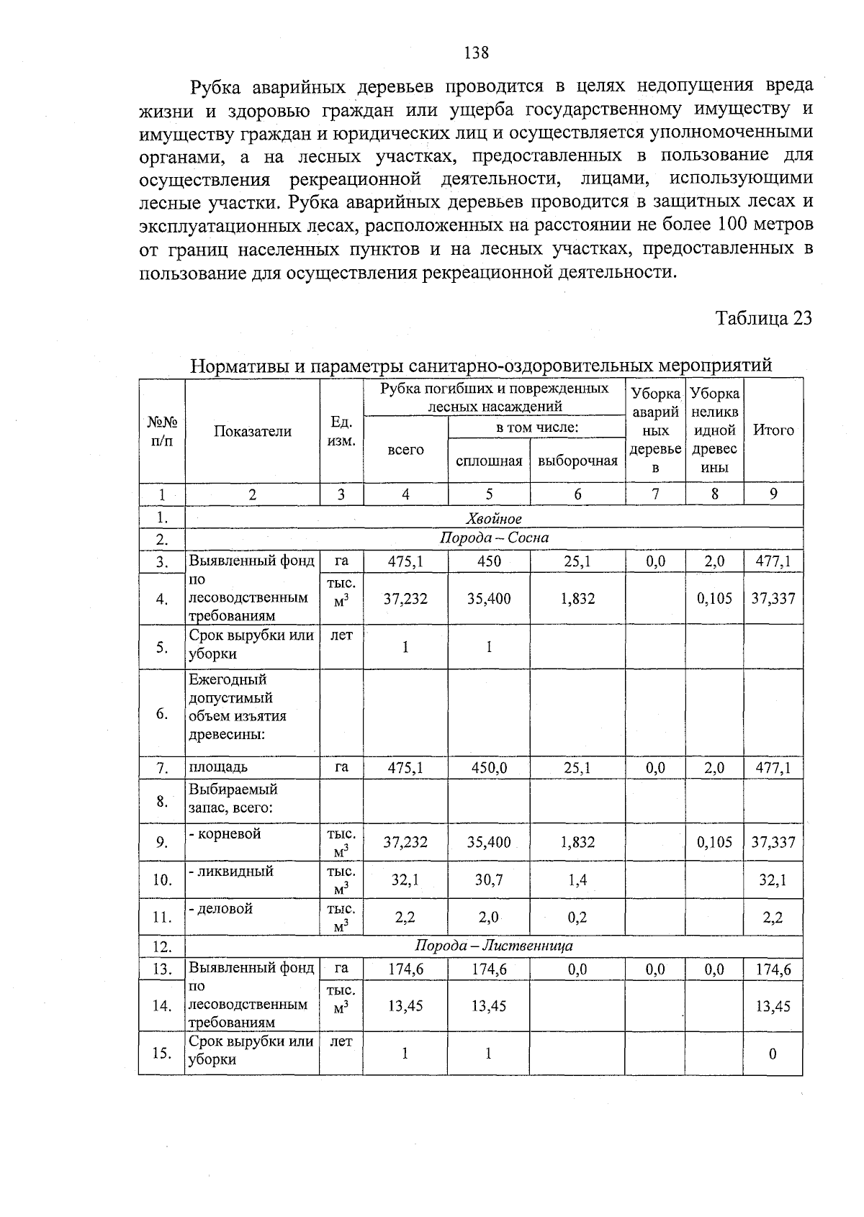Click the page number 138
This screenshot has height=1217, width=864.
[477, 53]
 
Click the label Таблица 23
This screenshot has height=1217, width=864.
[763, 318]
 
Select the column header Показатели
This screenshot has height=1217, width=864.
[252, 431]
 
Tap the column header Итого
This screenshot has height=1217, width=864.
[773, 430]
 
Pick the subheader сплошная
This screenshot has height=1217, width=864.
[489, 461]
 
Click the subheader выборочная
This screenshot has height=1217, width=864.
[577, 461]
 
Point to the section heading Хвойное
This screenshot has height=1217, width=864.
[493, 518]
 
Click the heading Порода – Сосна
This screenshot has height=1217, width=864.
[494, 538]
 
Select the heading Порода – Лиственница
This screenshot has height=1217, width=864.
[494, 946]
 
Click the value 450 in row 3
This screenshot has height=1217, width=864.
[489, 561]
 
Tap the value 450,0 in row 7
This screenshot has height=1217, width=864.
[489, 768]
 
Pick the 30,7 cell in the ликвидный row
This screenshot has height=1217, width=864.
[489, 879]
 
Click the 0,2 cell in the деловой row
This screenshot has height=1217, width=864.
[577, 917]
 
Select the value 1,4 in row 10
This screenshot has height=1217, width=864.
[577, 879]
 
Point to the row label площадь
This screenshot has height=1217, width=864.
[218, 767]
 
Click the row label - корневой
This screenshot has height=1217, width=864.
[225, 833]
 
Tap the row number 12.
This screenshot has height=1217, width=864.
[161, 946]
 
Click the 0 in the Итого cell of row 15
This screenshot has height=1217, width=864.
[773, 1054]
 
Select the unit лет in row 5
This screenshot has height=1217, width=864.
[341, 635]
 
